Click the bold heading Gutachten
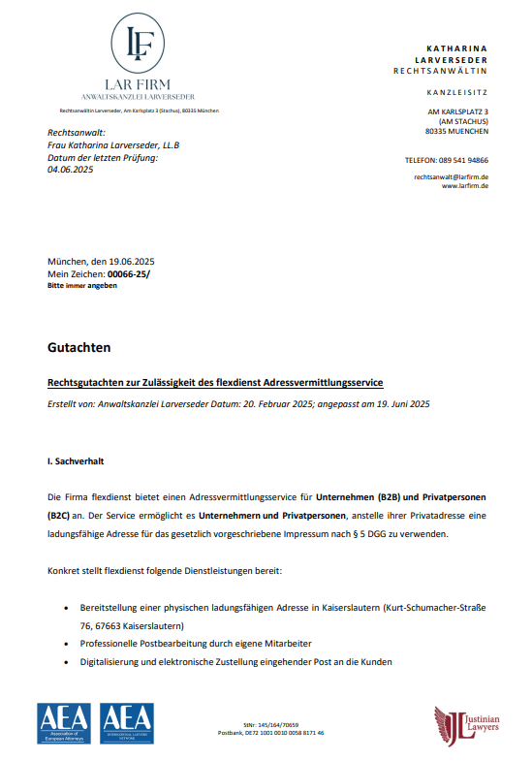click(78, 346)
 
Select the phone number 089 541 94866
click(463, 160)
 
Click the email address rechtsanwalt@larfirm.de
click(451, 177)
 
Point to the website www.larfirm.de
click(464, 186)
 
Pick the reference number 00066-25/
click(129, 275)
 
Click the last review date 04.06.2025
click(69, 170)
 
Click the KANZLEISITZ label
click(457, 92)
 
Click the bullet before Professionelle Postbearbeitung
click(67, 645)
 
